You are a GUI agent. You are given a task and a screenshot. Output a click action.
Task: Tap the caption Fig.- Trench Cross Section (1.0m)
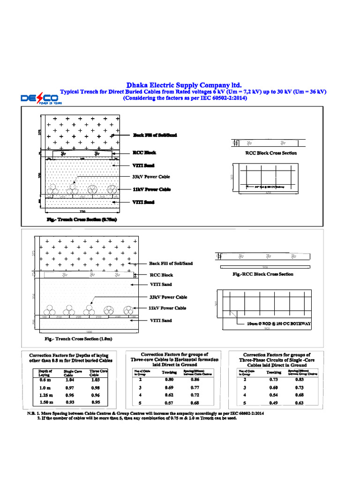point(78,338)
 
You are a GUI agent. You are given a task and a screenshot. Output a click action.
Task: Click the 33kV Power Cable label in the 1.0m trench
point(168,297)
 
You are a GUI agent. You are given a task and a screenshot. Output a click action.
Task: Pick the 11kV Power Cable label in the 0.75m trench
point(151,189)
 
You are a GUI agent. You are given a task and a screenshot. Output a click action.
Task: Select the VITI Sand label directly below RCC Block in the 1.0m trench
point(160,285)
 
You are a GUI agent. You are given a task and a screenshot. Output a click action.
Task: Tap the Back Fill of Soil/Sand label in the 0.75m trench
point(155,135)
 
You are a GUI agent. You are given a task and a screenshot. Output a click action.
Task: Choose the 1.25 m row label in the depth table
point(45,396)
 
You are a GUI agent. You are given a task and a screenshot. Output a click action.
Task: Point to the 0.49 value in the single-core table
point(274,403)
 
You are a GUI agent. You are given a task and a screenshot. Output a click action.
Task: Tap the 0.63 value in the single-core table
point(299,403)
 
